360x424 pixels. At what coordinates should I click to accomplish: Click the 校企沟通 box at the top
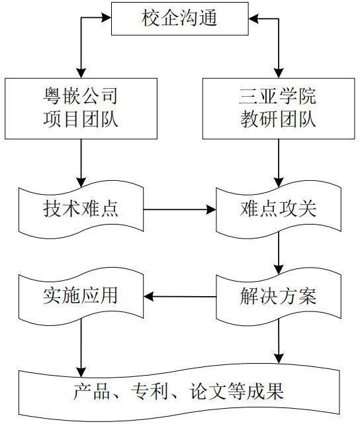pyautogui.click(x=180, y=19)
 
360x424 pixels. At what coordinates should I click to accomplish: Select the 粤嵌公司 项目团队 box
pyautogui.click(x=81, y=109)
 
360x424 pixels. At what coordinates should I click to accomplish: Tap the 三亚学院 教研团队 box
pyautogui.click(x=279, y=109)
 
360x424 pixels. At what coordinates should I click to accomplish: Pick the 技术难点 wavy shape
pyautogui.click(x=81, y=209)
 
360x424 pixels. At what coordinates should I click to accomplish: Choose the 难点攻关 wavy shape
pyautogui.click(x=279, y=209)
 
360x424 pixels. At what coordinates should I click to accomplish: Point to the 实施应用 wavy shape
pyautogui.click(x=81, y=296)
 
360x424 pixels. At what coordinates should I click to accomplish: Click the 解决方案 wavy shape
pyautogui.click(x=279, y=296)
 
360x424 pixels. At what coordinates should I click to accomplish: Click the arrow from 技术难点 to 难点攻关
pyautogui.click(x=180, y=209)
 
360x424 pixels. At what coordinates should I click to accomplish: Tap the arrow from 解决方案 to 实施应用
pyautogui.click(x=180, y=297)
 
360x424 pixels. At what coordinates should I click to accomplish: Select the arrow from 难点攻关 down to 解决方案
pyautogui.click(x=279, y=253)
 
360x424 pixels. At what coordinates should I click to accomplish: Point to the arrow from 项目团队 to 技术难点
pyautogui.click(x=81, y=163)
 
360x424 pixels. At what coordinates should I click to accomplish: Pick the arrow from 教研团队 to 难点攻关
pyautogui.click(x=279, y=163)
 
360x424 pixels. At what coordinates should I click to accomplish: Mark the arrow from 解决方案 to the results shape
pyautogui.click(x=279, y=341)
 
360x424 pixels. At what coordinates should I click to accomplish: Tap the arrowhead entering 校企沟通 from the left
pyautogui.click(x=107, y=18)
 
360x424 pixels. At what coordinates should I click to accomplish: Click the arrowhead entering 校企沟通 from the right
pyautogui.click(x=253, y=19)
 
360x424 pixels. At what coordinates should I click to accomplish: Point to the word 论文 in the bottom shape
pyautogui.click(x=208, y=391)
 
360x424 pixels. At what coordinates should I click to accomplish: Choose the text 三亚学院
pyautogui.click(x=277, y=96)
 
